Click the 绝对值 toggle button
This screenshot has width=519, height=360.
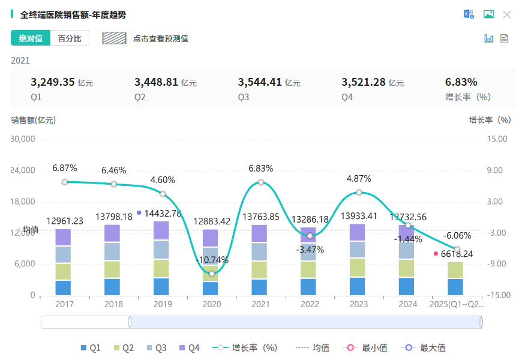pyautogui.click(x=31, y=38)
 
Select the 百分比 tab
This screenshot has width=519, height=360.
pyautogui.click(x=70, y=38)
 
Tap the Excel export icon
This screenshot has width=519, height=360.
pyautogui.click(x=469, y=14)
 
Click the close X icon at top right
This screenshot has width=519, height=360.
pyautogui.click(x=507, y=14)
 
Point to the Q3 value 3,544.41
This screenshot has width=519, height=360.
pyautogui.click(x=260, y=82)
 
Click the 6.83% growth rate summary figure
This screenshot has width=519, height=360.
pyautogui.click(x=461, y=82)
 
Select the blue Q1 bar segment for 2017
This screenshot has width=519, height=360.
pyautogui.click(x=63, y=288)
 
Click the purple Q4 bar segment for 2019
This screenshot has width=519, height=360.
pyautogui.click(x=161, y=230)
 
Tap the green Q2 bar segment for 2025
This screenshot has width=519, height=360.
pyautogui.click(x=455, y=270)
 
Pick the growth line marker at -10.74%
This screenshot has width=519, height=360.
pyautogui.click(x=212, y=273)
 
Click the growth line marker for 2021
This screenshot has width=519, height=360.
pyautogui.click(x=261, y=182)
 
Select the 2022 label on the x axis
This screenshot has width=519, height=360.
pyautogui.click(x=310, y=304)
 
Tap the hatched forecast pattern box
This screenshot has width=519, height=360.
pyautogui.click(x=114, y=38)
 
